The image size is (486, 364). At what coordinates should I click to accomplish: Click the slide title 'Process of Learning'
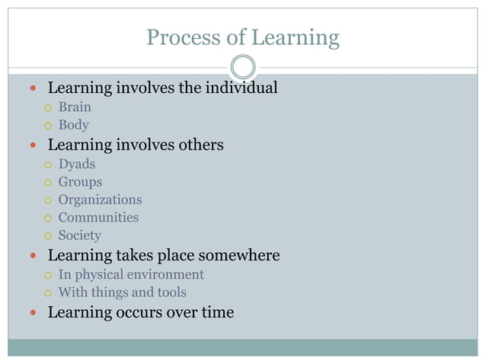pyautogui.click(x=242, y=37)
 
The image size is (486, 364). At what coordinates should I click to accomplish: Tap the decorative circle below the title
pyautogui.click(x=242, y=66)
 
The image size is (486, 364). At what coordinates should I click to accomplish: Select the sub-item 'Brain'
pyautogui.click(x=75, y=107)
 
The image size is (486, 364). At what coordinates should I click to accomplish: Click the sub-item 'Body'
pyautogui.click(x=74, y=125)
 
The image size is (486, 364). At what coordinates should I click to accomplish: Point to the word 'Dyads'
pyautogui.click(x=77, y=164)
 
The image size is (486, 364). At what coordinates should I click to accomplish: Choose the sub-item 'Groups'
pyautogui.click(x=80, y=182)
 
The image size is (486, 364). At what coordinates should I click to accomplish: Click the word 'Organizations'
pyautogui.click(x=100, y=200)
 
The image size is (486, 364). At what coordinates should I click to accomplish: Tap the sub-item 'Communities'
pyautogui.click(x=98, y=218)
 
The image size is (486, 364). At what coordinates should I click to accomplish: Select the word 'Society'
pyautogui.click(x=79, y=236)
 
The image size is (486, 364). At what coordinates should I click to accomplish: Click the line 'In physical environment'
pyautogui.click(x=131, y=274)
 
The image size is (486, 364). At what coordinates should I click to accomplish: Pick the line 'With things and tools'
pyautogui.click(x=122, y=292)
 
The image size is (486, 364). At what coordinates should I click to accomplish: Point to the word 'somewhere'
pyautogui.click(x=242, y=255)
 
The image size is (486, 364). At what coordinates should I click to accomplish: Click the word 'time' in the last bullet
pyautogui.click(x=217, y=312)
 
